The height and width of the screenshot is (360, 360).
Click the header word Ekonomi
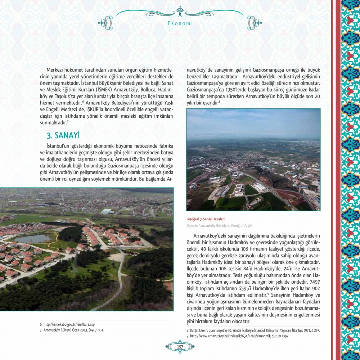coord(180,23)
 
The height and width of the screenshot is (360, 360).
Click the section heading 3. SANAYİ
coord(63,135)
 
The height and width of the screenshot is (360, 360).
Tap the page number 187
coord(180,346)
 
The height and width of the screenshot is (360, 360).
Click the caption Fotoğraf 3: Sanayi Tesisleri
coord(206,219)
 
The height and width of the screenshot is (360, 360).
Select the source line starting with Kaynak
coord(220,226)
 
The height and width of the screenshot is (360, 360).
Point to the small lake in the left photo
coord(32,238)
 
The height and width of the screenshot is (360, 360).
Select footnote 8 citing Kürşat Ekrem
coord(253,330)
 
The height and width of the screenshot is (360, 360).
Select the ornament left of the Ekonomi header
coord(105,23)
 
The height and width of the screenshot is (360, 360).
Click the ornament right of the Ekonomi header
coord(255,23)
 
